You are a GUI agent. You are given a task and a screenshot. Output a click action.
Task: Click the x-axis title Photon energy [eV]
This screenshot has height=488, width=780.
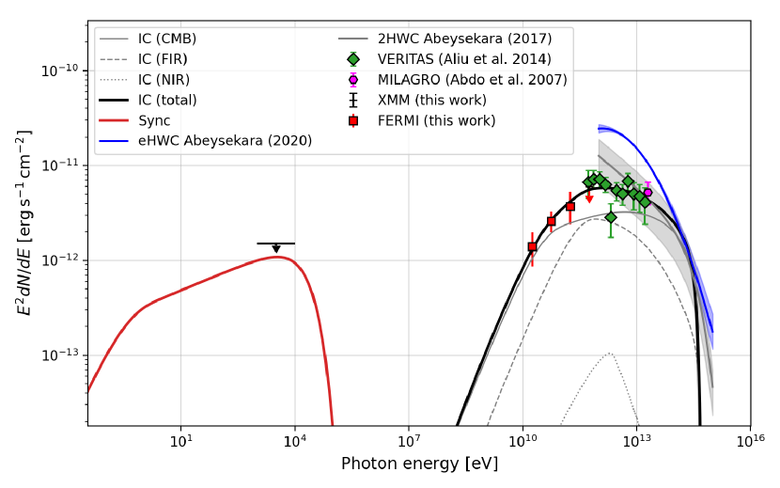coord(419,464)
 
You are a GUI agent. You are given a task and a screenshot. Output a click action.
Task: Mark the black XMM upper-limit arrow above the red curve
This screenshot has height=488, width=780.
coord(276,247)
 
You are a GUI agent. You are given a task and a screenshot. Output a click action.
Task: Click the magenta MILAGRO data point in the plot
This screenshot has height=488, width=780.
coord(647,193)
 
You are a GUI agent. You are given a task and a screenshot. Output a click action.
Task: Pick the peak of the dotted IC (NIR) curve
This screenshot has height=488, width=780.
coord(610,354)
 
